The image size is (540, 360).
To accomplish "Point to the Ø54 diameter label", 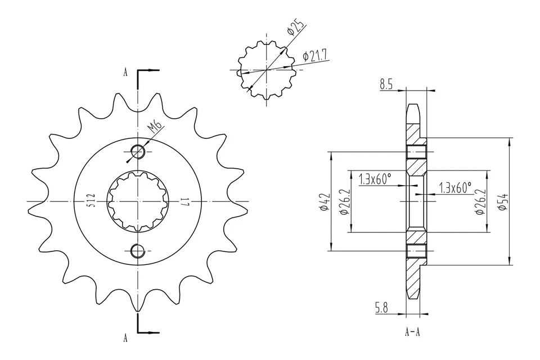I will [x=503, y=201].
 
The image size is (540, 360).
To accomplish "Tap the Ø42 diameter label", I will [x=323, y=201].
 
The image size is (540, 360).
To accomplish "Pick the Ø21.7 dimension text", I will [x=315, y=55].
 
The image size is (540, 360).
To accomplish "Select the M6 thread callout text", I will [x=155, y=128].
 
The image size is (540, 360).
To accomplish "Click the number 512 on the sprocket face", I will [x=91, y=201].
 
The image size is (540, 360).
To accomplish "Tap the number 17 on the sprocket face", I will [x=184, y=201].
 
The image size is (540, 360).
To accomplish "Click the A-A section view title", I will [x=412, y=332].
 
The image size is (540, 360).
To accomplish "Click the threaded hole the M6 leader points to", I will [x=137, y=151].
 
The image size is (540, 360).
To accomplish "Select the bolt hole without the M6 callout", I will [x=137, y=251].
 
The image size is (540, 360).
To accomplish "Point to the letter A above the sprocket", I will [x=125, y=73].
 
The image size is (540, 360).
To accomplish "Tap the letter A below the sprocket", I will [x=125, y=337].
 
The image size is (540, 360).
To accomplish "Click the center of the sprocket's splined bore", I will [x=137, y=201].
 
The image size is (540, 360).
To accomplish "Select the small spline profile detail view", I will [x=264, y=70].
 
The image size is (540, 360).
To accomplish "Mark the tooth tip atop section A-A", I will [x=412, y=106].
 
